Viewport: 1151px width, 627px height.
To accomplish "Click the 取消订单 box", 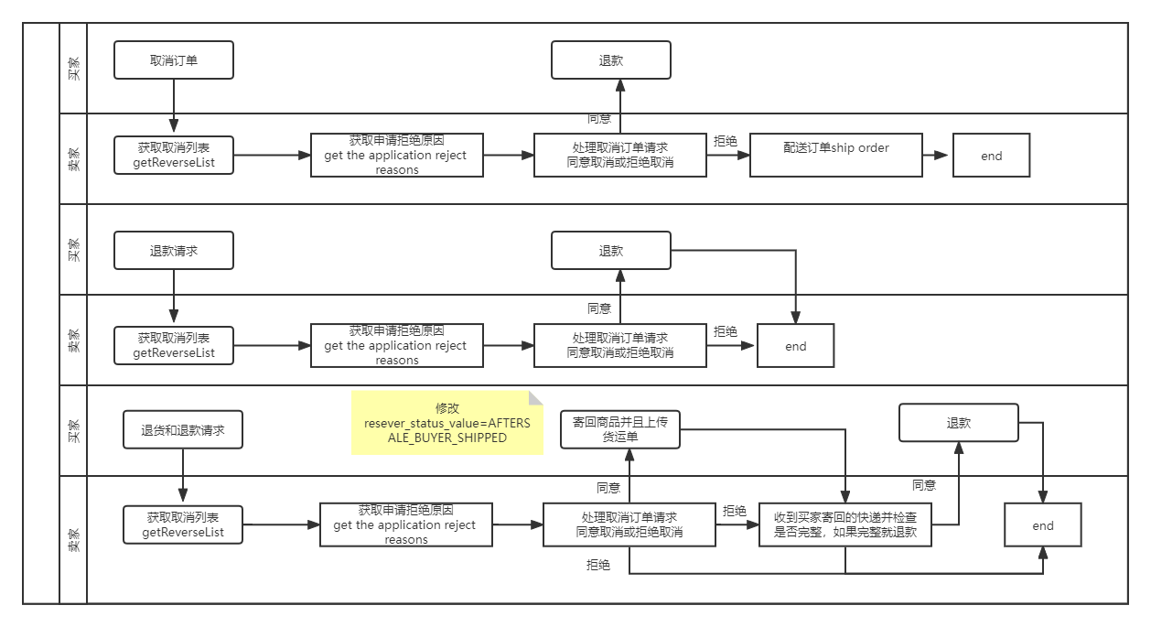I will [x=174, y=60].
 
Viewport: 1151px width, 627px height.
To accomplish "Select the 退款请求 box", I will [x=174, y=250].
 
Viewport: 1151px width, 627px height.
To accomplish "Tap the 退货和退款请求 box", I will [x=183, y=429].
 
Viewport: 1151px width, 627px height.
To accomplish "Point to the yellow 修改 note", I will [x=446, y=423].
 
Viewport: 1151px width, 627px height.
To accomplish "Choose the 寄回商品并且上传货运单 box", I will [x=620, y=428].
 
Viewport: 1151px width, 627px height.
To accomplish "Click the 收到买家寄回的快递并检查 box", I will [x=845, y=524].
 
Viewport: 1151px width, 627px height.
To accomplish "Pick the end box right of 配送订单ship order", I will [x=992, y=156].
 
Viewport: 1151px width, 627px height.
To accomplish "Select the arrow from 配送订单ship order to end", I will [x=936, y=156].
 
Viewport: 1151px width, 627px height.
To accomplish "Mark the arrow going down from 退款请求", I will [x=174, y=297].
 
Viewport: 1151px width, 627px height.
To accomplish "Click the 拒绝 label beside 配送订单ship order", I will [x=726, y=142].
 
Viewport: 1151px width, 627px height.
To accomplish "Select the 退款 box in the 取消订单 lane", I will [x=611, y=60].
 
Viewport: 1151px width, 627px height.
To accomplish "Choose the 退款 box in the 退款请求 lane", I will [x=611, y=250].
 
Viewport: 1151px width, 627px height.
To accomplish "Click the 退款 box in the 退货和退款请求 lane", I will [x=959, y=424].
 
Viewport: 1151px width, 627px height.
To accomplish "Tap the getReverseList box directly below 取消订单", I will [x=174, y=156].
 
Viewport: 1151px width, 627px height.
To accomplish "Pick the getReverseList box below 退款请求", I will [x=174, y=345].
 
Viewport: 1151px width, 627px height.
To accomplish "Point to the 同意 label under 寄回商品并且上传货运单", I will [x=608, y=488].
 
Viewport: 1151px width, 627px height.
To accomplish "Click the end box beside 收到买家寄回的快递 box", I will [x=1043, y=525].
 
